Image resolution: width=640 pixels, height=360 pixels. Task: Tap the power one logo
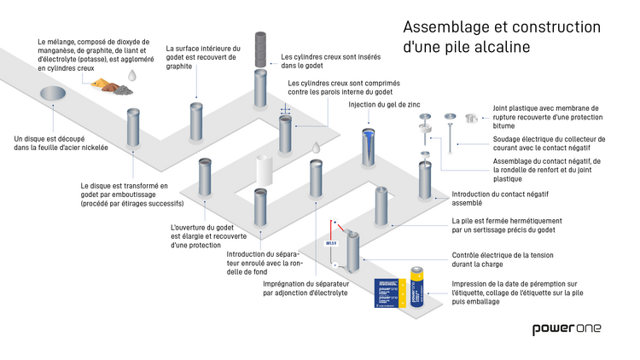point(567,329)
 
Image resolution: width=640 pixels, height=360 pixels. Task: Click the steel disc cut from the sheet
point(51,92)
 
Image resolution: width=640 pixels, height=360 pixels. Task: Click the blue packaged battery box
point(390,294)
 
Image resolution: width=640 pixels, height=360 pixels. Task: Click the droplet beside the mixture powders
point(132,76)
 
